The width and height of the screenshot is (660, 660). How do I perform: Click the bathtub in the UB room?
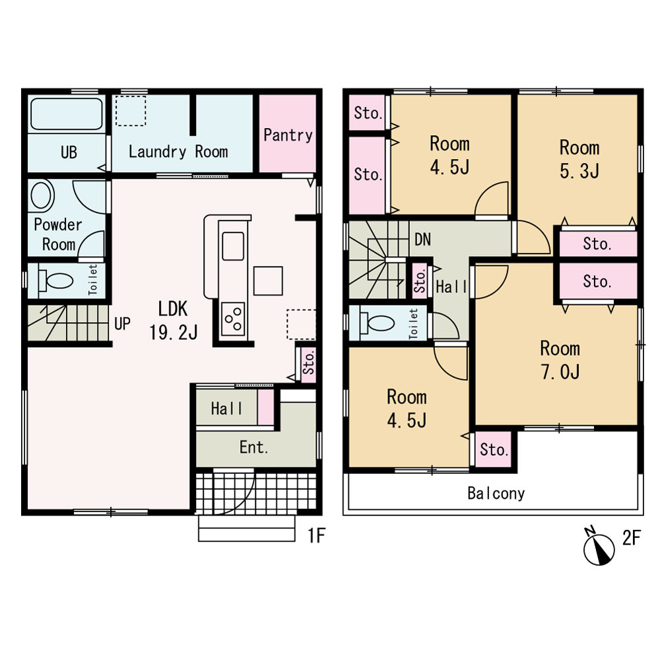click(67, 114)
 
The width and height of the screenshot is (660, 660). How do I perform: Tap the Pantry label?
click(288, 135)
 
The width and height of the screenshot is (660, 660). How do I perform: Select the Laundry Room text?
click(178, 152)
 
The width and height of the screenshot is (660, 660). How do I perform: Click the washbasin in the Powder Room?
click(41, 195)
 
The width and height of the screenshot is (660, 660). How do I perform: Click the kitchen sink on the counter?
click(233, 246)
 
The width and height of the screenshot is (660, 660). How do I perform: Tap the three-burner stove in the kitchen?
click(233, 319)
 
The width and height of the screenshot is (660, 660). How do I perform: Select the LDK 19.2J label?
click(173, 320)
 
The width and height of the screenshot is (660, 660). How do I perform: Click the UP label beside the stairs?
click(122, 323)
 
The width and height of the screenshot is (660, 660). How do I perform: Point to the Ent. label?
click(254, 447)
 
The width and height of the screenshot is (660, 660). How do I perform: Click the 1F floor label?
click(316, 535)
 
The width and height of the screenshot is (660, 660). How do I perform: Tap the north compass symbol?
click(599, 546)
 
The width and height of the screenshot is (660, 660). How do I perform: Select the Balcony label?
click(496, 493)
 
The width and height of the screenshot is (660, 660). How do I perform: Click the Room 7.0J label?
click(560, 360)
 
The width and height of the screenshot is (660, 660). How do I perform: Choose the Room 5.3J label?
click(579, 159)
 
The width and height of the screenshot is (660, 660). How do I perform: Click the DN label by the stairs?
click(422, 240)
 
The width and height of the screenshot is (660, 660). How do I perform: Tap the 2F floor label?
click(632, 537)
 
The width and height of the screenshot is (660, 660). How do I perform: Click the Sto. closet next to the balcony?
click(494, 449)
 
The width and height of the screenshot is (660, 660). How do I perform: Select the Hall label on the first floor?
click(226, 408)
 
